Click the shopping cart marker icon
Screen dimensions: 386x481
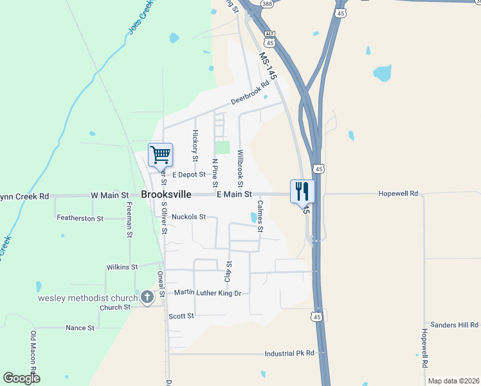coord(160,154)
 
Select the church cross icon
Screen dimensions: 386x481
coord(147,297)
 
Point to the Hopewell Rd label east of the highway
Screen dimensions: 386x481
coord(398,193)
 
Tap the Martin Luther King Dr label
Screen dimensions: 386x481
coord(207,293)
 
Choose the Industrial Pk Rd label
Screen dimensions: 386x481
coord(289,353)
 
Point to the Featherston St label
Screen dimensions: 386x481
coord(80,219)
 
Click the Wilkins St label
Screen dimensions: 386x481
coord(122,267)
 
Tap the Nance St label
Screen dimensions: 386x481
coord(80,328)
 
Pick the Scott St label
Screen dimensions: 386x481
coord(181,316)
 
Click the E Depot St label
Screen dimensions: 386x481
coord(188,174)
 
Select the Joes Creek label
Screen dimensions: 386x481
coord(140,17)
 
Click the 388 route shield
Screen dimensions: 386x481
coord(267,4)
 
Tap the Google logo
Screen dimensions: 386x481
coord(21,378)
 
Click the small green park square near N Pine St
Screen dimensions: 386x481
coord(222,147)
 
